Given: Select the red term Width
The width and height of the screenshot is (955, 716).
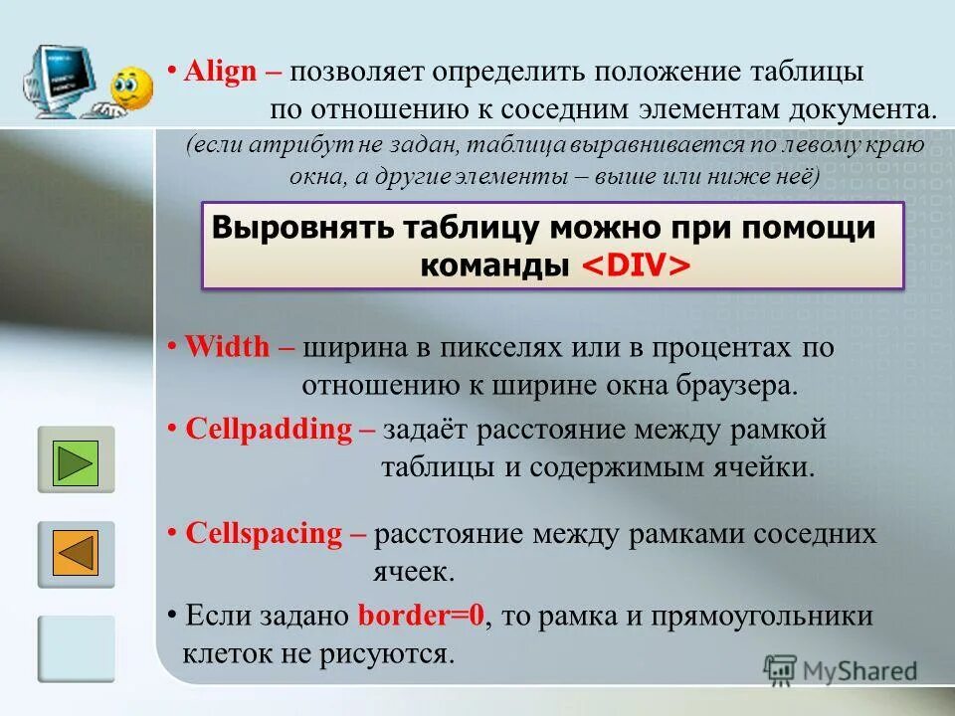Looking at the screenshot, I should [x=227, y=348].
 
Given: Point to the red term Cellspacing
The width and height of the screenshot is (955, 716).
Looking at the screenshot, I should [x=263, y=534].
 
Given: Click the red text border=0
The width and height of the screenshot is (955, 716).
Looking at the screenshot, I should [x=421, y=616].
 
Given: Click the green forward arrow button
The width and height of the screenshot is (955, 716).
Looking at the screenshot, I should [x=76, y=461].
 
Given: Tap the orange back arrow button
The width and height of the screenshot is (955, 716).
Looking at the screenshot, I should [x=76, y=554].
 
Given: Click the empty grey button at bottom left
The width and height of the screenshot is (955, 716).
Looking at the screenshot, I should [x=76, y=648].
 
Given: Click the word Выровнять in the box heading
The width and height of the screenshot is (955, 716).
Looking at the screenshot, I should [x=302, y=228].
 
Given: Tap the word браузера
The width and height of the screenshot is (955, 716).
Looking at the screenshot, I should [x=736, y=386].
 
